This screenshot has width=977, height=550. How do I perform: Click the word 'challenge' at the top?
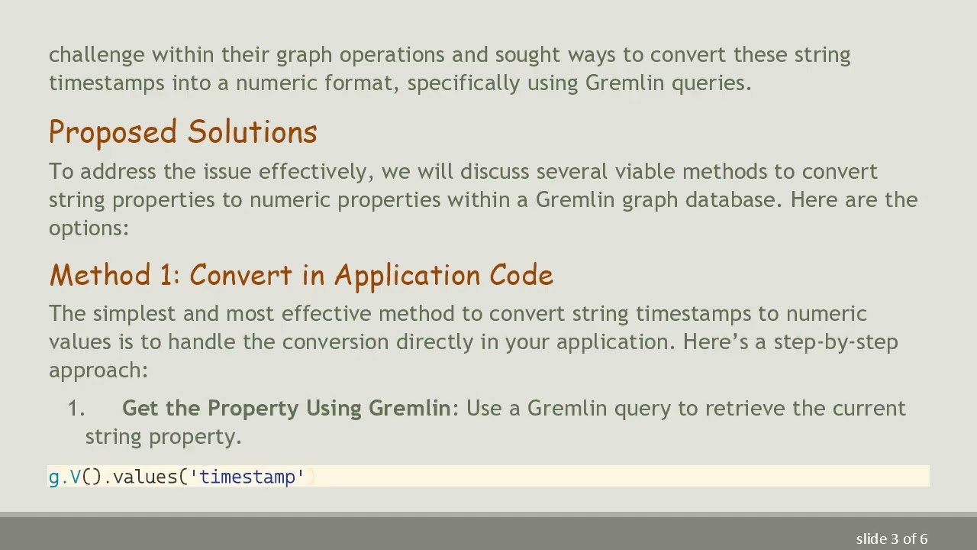point(96,55)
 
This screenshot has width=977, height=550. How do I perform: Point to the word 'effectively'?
point(315,171)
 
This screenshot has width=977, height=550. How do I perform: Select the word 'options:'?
point(89,228)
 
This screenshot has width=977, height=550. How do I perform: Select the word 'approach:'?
point(98,370)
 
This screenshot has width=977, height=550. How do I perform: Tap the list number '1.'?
point(76,409)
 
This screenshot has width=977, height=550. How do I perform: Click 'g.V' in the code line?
point(64,477)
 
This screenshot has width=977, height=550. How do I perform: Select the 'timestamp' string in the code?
point(247,477)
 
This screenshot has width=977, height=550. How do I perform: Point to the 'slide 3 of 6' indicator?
point(892,539)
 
